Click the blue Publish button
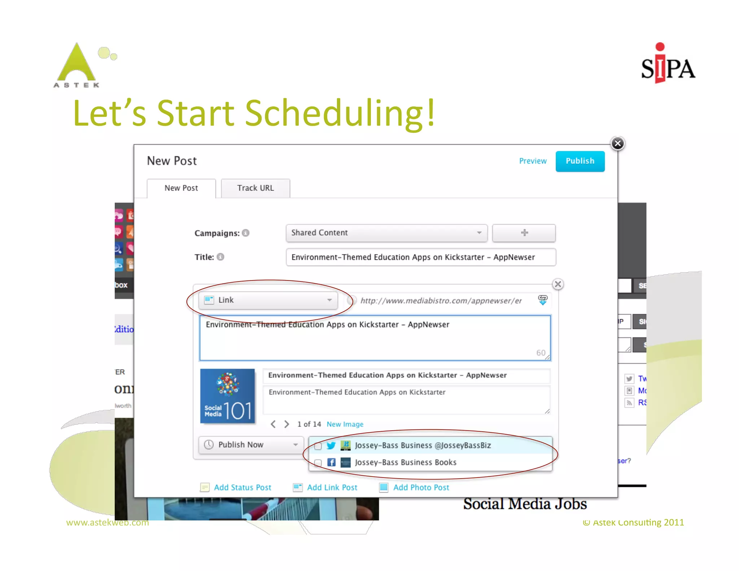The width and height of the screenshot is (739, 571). pyautogui.click(x=580, y=161)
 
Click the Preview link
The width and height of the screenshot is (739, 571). pyautogui.click(x=533, y=161)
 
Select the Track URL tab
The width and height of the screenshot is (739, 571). pyautogui.click(x=255, y=188)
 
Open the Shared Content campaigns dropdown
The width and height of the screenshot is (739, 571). pyautogui.click(x=386, y=233)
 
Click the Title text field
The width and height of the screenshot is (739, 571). pyautogui.click(x=420, y=257)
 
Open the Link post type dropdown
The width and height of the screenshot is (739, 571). pyautogui.click(x=268, y=300)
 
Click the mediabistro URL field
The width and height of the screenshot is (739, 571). pyautogui.click(x=441, y=301)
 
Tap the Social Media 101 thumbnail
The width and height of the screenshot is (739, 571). pyautogui.click(x=227, y=396)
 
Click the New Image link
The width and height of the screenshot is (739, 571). pyautogui.click(x=345, y=424)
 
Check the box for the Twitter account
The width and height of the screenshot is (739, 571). pyautogui.click(x=318, y=446)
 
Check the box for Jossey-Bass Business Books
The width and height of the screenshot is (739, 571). pyautogui.click(x=318, y=463)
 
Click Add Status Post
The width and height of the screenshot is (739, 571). pyautogui.click(x=242, y=488)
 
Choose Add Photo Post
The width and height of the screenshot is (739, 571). pyautogui.click(x=421, y=488)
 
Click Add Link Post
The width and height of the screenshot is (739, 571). pyautogui.click(x=332, y=488)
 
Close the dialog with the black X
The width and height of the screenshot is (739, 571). pyautogui.click(x=617, y=144)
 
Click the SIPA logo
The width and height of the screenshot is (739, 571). pyautogui.click(x=668, y=65)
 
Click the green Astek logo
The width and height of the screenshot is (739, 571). pyautogui.click(x=77, y=65)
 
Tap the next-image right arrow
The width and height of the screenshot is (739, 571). pyautogui.click(x=287, y=424)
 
